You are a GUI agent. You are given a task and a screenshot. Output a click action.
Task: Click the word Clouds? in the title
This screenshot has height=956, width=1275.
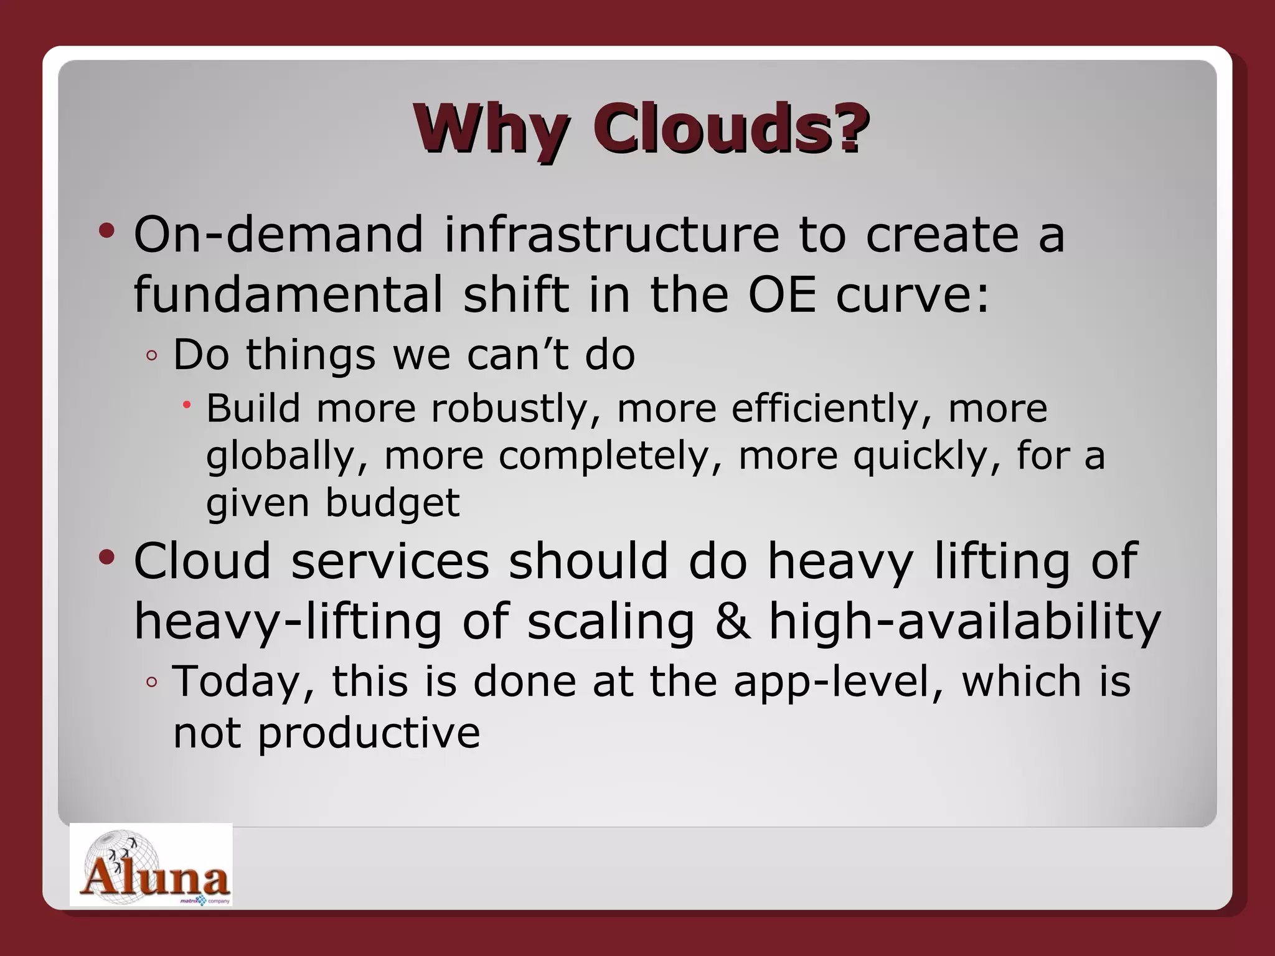point(731,129)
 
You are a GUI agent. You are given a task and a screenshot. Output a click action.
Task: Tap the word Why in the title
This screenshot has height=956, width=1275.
point(491,129)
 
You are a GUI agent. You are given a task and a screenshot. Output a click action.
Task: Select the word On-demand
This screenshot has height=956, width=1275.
point(278,235)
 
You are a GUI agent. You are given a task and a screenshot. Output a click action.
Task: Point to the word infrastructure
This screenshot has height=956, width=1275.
point(611,235)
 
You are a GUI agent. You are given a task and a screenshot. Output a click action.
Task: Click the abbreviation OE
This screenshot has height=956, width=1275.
point(781,294)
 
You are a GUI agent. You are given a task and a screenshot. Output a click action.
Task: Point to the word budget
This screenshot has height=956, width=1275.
point(393,503)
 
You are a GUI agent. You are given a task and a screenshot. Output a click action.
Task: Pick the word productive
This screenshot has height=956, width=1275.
point(369,733)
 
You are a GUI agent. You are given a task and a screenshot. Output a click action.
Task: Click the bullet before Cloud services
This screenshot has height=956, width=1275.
point(107,557)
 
